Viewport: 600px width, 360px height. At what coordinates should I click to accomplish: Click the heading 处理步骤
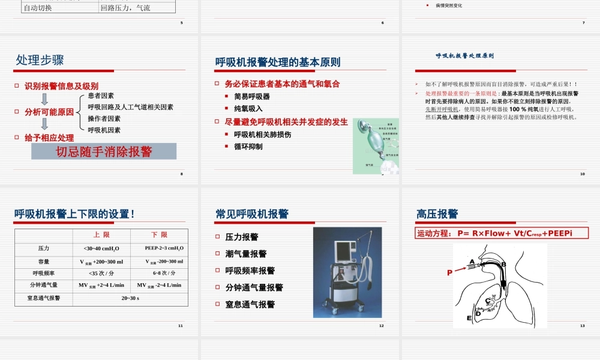pyautogui.click(x=40, y=60)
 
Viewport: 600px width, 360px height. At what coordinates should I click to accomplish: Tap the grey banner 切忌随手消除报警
pyautogui.click(x=104, y=151)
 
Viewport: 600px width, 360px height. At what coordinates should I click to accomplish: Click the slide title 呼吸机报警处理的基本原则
pyautogui.click(x=278, y=62)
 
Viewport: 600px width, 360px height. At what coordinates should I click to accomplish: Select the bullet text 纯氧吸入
pyautogui.click(x=248, y=109)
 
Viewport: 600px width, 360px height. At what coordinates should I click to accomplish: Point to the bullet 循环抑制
pyautogui.click(x=248, y=146)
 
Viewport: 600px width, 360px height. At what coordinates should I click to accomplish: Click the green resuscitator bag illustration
pyautogui.click(x=376, y=146)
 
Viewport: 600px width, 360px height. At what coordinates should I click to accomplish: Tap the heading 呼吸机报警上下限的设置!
pyautogui.click(x=74, y=214)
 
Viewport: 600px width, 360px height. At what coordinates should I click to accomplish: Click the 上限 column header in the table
pyautogui.click(x=101, y=235)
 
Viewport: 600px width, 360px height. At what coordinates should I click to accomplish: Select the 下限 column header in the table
pyautogui.click(x=159, y=235)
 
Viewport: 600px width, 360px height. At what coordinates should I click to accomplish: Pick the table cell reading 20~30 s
pyautogui.click(x=130, y=298)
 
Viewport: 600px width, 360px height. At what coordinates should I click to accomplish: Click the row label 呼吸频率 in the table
pyautogui.click(x=44, y=273)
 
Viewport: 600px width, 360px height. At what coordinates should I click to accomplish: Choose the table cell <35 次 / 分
pyautogui.click(x=101, y=273)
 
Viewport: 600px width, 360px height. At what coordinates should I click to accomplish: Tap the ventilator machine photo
pyautogui.click(x=347, y=272)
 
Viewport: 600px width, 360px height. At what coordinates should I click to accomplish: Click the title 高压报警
pyautogui.click(x=437, y=214)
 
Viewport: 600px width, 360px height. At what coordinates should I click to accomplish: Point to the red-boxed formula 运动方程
pyautogui.click(x=502, y=233)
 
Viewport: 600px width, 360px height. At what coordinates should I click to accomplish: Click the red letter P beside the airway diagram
pyautogui.click(x=449, y=272)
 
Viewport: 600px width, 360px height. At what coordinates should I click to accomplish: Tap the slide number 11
pyautogui.click(x=180, y=326)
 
